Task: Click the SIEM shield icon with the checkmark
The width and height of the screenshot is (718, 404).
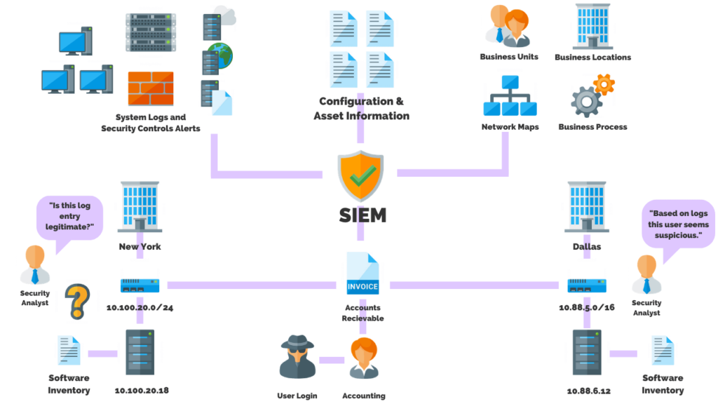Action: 361,175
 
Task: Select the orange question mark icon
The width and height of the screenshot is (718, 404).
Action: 78,301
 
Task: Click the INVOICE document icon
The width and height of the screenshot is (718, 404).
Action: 363,275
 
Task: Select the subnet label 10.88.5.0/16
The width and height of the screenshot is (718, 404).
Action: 587,307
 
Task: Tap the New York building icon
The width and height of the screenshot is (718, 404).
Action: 140,207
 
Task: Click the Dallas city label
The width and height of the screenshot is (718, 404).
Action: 588,247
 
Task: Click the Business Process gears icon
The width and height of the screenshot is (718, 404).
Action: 591,97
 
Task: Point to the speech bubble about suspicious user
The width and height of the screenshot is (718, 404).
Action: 679,224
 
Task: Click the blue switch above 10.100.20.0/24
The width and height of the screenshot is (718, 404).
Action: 140,285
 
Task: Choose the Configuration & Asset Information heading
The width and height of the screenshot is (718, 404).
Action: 361,109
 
